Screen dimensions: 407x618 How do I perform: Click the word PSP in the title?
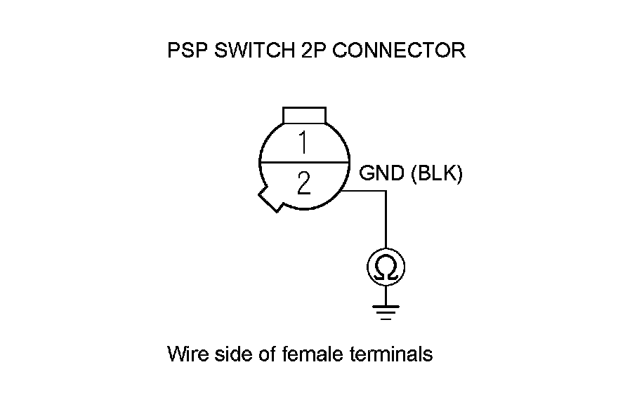pyautogui.click(x=185, y=51)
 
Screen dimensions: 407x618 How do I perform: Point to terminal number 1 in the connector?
pyautogui.click(x=303, y=142)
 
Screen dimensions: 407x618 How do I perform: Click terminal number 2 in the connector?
pyautogui.click(x=303, y=184)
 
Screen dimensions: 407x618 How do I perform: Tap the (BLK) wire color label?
pyautogui.click(x=436, y=174)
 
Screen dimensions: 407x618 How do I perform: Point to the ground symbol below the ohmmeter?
pyautogui.click(x=385, y=310)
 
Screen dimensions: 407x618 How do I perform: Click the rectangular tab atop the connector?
pyautogui.click(x=304, y=115)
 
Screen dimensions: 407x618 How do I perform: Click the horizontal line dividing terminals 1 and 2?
pyautogui.click(x=304, y=163)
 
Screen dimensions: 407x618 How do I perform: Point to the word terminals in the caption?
pyautogui.click(x=390, y=354)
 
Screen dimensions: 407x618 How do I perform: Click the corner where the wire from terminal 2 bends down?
pyautogui.click(x=385, y=191)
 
